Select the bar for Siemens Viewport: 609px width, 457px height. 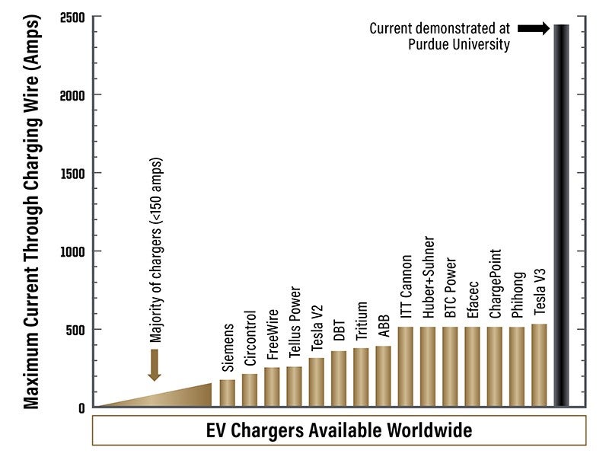point(228,393)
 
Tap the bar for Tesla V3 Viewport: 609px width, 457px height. point(539,366)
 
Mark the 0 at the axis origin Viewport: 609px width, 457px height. point(81,408)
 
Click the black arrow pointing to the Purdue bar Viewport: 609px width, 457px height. point(533,28)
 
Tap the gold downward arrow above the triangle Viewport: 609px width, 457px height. point(154,365)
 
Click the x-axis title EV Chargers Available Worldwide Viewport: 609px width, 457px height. point(339,430)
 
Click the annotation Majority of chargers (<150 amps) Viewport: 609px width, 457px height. point(155,251)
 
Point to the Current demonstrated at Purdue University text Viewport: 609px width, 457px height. point(439,36)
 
